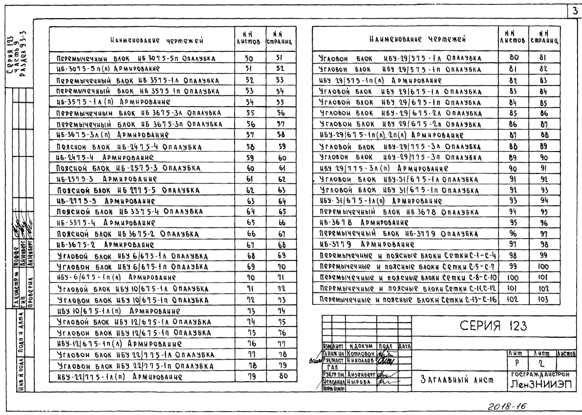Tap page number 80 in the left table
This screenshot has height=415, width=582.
pos(275,376)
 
